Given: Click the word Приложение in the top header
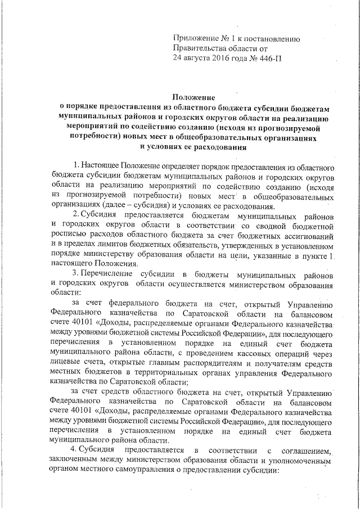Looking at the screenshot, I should point(194,38).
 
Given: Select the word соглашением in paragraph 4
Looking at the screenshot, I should point(303,450).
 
